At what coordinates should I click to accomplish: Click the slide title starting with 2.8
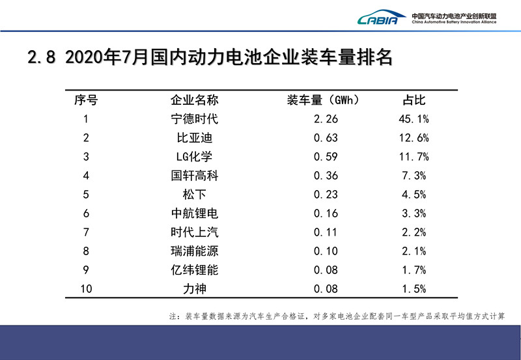click(x=210, y=57)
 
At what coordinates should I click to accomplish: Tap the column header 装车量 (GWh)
click(x=323, y=100)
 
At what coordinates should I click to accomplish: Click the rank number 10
click(x=86, y=288)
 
